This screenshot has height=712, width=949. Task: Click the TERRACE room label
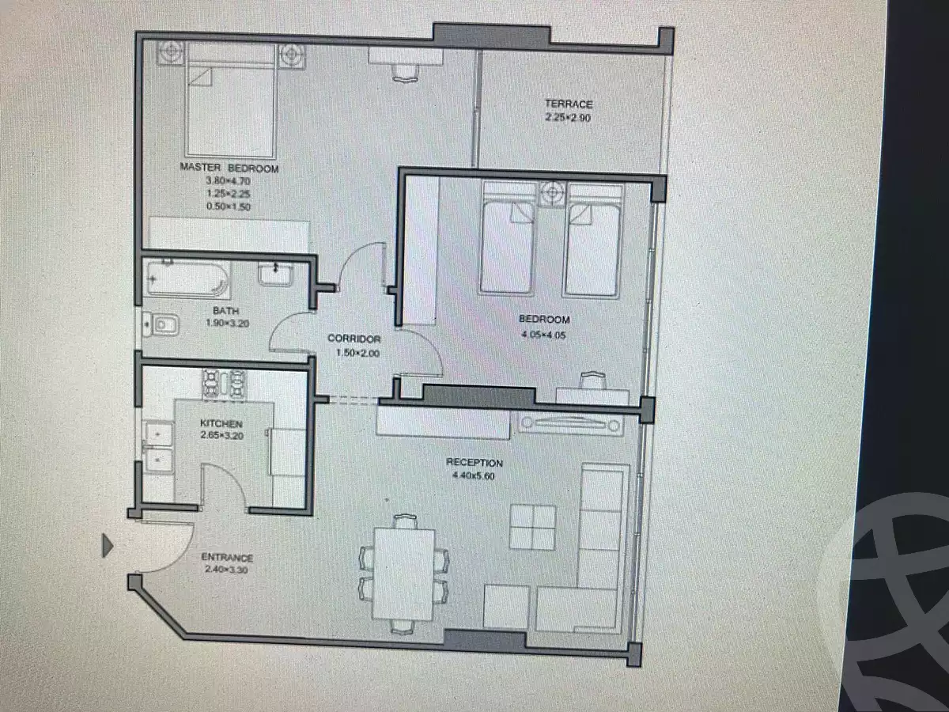coord(568,104)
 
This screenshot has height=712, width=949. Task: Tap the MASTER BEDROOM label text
coord(229,169)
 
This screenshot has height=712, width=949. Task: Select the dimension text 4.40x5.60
coord(475,476)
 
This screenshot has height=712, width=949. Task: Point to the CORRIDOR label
coord(354,339)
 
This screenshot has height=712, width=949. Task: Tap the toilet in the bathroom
coord(160,324)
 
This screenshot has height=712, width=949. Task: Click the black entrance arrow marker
coord(108,545)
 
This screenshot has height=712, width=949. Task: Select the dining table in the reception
coord(403,572)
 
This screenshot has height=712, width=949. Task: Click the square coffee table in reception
coord(532,526)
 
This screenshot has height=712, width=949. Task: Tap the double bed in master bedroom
coord(231,101)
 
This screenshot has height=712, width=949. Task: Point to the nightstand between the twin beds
coord(551,192)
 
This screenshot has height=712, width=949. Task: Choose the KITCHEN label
coord(221,424)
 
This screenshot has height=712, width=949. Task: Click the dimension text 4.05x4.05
coord(544,334)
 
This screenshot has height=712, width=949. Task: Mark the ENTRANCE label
coord(227,558)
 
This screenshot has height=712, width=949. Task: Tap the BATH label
coord(225,311)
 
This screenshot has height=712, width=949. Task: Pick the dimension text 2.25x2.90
coord(568,118)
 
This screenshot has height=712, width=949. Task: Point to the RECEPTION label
coord(475,463)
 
